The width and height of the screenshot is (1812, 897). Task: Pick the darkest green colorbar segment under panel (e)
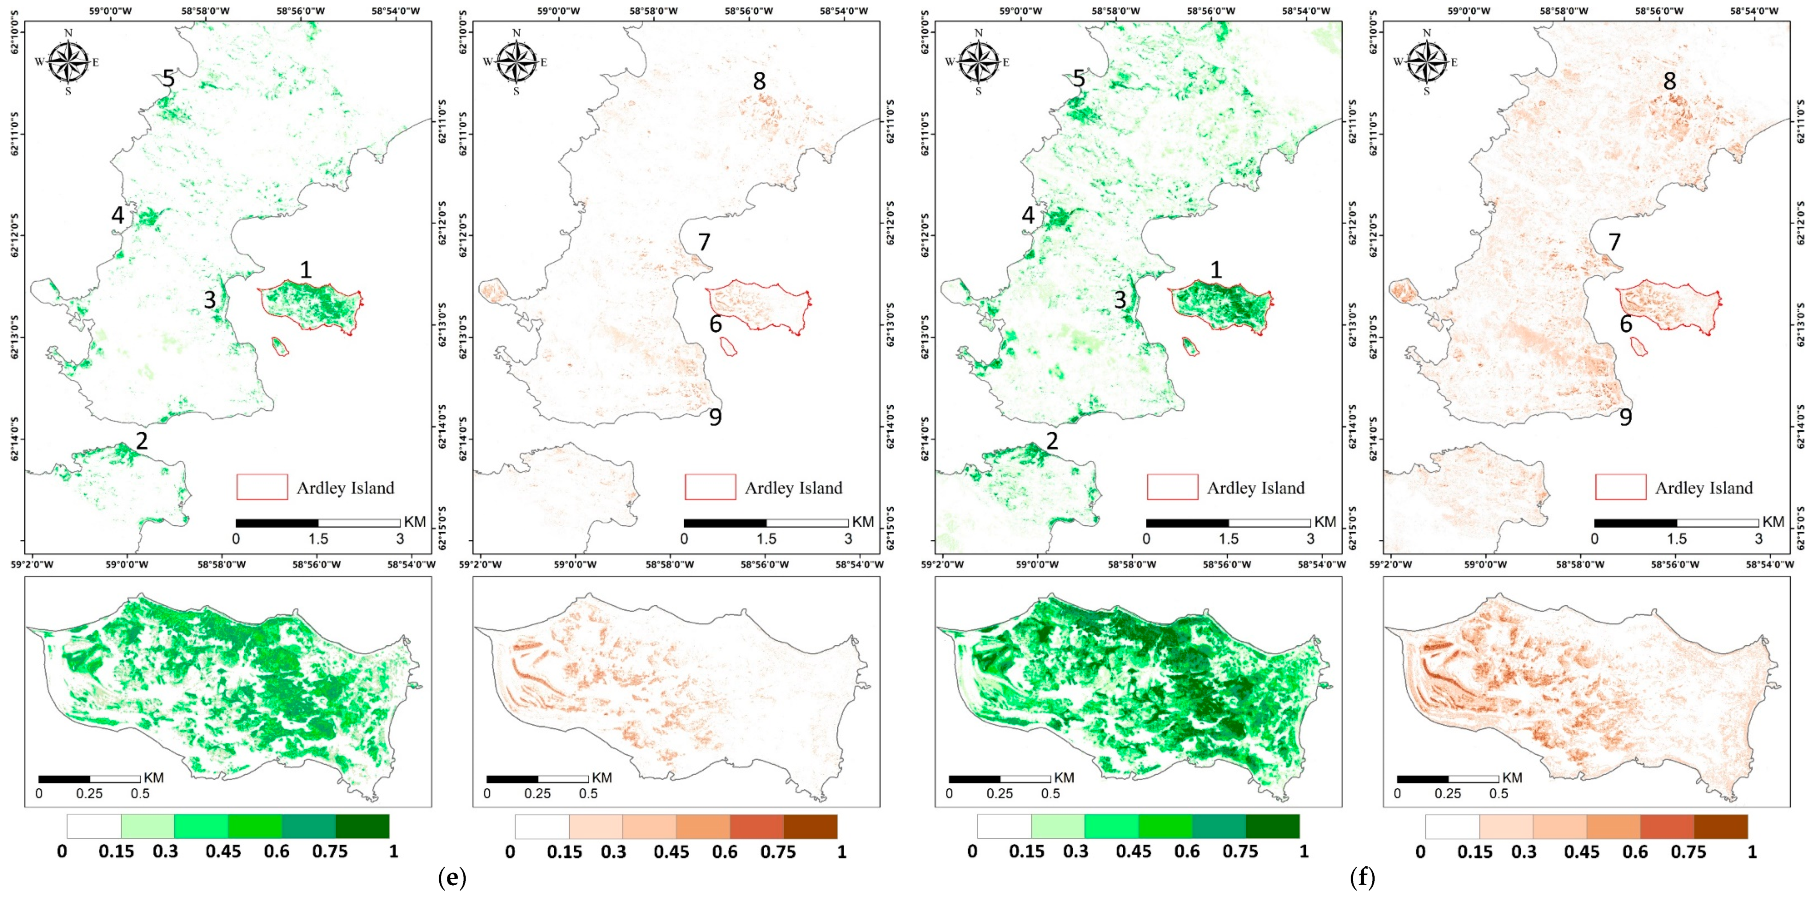(x=362, y=826)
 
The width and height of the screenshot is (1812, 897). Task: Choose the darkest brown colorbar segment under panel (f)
(x=1721, y=826)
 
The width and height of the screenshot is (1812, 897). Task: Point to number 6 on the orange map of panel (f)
(x=1625, y=324)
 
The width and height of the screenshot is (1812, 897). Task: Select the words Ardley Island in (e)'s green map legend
(x=345, y=488)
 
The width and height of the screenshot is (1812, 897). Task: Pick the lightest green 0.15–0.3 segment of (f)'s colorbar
(x=1058, y=826)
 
